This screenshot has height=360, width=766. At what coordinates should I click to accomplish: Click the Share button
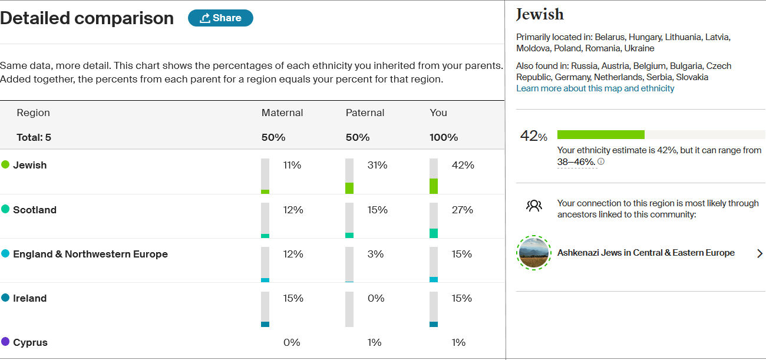[x=220, y=18]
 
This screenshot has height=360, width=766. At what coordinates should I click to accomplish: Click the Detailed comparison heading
[x=87, y=18]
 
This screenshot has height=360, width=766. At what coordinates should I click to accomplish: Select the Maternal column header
[x=282, y=113]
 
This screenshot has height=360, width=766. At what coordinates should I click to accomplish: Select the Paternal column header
[x=365, y=113]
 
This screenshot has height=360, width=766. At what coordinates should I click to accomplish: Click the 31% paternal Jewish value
[x=377, y=165]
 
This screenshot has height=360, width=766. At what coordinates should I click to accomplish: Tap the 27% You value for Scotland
[x=462, y=210]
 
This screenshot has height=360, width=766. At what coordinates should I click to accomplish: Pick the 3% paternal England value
[x=375, y=254]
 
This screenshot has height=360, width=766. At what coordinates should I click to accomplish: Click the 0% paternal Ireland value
[x=375, y=298]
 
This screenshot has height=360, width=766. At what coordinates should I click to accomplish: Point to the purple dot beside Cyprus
[x=5, y=342]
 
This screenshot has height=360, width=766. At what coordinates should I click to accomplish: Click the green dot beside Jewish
[x=5, y=165]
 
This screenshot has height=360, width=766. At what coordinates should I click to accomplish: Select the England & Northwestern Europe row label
[x=90, y=254]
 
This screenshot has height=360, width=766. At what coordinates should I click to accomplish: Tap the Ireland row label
[x=29, y=298]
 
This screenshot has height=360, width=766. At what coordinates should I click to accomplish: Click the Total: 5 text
[x=34, y=137]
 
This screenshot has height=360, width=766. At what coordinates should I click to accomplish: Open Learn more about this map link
[x=595, y=88]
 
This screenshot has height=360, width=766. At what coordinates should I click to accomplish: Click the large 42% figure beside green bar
[x=533, y=136]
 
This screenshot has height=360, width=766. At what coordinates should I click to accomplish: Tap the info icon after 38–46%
[x=601, y=161]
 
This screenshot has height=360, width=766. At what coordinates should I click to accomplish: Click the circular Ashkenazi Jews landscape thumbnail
[x=533, y=253]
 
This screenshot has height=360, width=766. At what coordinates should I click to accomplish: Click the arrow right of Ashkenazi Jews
[x=760, y=253]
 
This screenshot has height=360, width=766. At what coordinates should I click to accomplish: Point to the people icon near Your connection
[x=534, y=206]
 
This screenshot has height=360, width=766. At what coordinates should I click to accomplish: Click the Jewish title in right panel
[x=540, y=14]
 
